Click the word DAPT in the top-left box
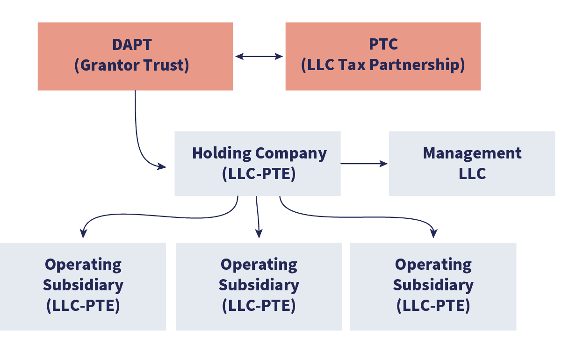(132, 44)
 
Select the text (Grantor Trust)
(132, 65)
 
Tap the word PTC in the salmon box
(383, 44)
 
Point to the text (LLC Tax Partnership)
(383, 65)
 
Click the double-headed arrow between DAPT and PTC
(259, 57)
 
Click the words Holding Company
(259, 153)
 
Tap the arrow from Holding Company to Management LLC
(365, 164)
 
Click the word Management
(472, 153)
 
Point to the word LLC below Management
(472, 173)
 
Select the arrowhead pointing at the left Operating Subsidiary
(83, 233)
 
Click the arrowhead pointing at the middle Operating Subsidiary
(259, 233)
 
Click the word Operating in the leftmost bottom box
(83, 265)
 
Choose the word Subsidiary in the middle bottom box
(259, 285)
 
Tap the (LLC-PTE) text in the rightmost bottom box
(433, 305)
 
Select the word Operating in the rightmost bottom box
(433, 265)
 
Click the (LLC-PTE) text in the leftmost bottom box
(83, 305)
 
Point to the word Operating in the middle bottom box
(259, 265)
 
